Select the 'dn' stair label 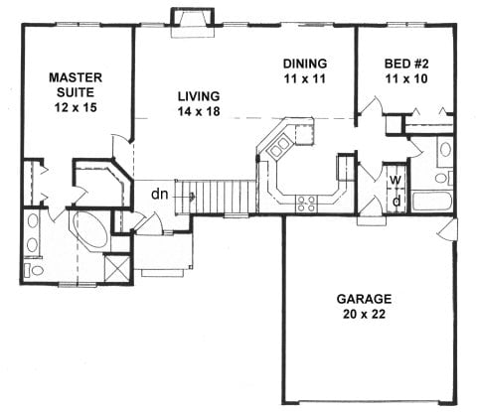[x=158, y=195]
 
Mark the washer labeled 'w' [x=395, y=180]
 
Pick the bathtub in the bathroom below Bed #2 [x=433, y=204]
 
